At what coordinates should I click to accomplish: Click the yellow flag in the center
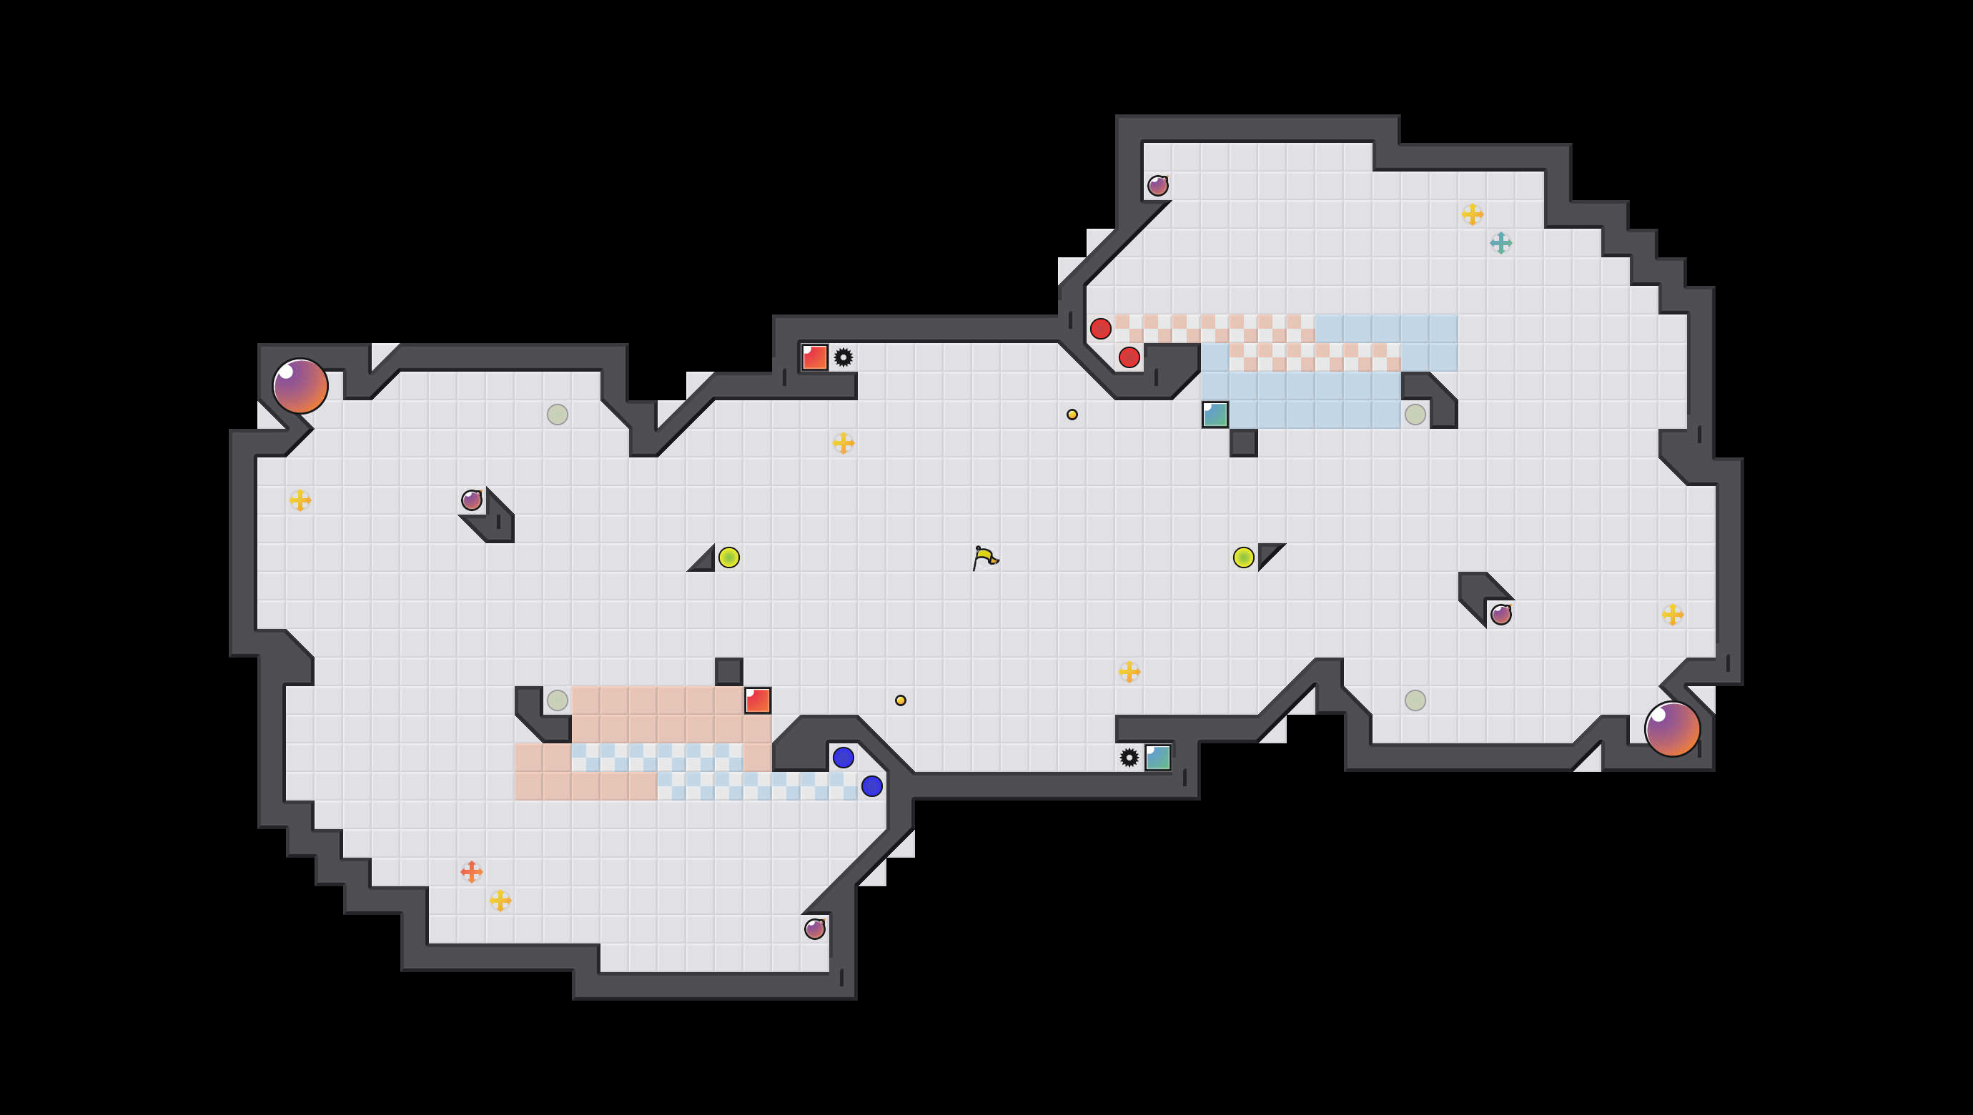click(x=985, y=557)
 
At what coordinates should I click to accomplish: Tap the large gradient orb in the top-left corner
click(x=300, y=386)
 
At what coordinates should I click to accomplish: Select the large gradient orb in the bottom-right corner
click(x=1672, y=729)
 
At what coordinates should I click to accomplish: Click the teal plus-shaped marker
click(x=1500, y=243)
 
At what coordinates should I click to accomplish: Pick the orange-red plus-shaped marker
click(x=471, y=871)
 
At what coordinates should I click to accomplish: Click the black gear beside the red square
click(x=844, y=357)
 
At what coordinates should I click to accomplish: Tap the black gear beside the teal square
click(x=1129, y=758)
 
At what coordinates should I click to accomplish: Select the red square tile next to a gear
click(x=814, y=357)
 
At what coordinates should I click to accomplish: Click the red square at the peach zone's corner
click(x=758, y=700)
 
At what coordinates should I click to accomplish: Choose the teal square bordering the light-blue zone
click(x=1215, y=415)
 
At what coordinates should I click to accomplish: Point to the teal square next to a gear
click(x=1157, y=758)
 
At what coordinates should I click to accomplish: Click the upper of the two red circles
click(x=1101, y=329)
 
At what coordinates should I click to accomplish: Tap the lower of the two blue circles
click(x=871, y=786)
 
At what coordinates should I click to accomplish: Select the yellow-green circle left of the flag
click(x=729, y=557)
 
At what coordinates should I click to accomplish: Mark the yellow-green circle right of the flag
click(x=1243, y=557)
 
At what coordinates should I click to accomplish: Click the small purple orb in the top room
click(x=1157, y=185)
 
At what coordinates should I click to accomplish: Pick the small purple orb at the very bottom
click(x=814, y=929)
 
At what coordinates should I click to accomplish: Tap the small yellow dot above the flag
click(x=1072, y=415)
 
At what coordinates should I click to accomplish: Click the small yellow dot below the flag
click(x=901, y=700)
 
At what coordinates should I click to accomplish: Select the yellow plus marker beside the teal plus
click(x=1472, y=214)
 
